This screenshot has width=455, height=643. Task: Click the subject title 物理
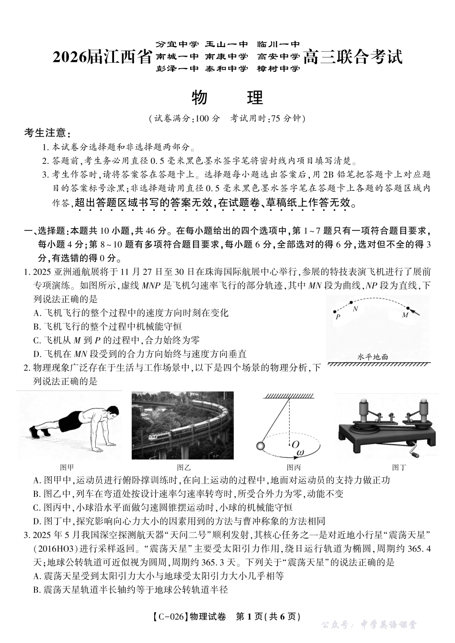[227, 97]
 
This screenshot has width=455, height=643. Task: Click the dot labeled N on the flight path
[351, 303]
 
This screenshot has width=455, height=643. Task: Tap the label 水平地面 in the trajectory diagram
[372, 356]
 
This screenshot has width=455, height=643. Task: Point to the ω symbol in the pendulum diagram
[300, 451]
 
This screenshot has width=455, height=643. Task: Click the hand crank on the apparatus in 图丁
[415, 449]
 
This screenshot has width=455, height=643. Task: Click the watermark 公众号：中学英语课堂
[368, 625]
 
